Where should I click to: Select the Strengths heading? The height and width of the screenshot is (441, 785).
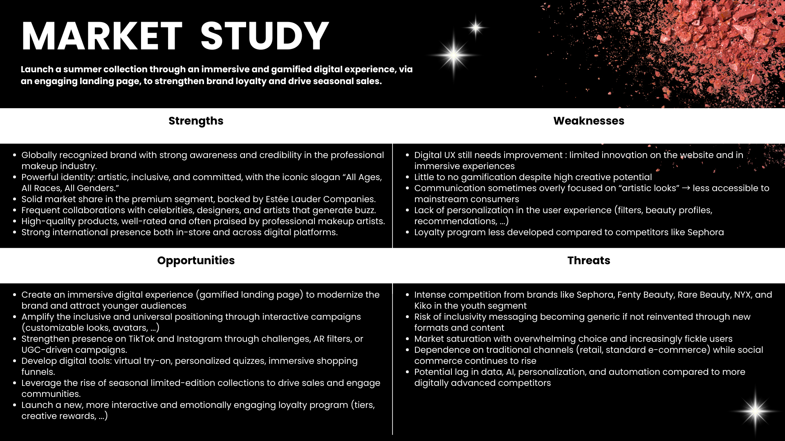tap(196, 121)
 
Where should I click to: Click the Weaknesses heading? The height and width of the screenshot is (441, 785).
tap(588, 121)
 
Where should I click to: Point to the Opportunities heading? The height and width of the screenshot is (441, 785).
tap(196, 261)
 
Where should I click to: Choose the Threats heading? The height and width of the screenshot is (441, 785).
tap(588, 261)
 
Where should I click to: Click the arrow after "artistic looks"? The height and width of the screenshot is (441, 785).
tap(686, 188)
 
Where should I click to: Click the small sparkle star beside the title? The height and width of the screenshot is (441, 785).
tap(475, 28)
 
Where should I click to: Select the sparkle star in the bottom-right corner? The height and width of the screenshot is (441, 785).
tap(755, 411)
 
